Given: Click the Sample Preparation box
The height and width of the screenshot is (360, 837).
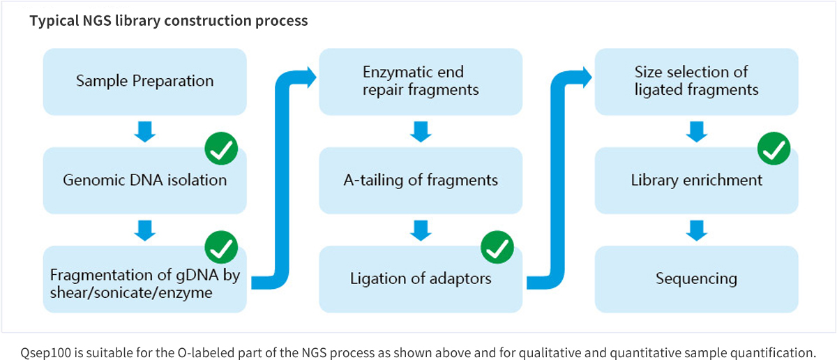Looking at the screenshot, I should click(144, 81).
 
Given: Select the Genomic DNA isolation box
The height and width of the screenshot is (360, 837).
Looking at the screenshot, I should click(144, 180).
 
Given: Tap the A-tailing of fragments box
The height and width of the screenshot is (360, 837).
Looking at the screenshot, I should click(421, 180).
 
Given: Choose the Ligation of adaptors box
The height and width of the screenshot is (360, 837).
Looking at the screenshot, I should click(421, 279).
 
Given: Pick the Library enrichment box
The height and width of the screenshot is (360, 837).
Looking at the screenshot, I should click(696, 180).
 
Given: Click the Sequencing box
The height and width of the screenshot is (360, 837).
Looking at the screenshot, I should click(696, 279).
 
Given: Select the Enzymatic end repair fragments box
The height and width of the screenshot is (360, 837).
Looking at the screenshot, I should click(421, 81).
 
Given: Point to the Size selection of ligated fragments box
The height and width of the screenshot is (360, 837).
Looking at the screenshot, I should click(696, 81).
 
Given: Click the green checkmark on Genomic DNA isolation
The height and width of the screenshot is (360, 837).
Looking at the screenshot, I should click(221, 149).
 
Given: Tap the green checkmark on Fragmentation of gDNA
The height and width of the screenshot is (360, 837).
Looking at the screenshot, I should click(221, 248).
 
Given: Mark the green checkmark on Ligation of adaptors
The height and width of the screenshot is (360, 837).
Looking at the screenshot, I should click(497, 248).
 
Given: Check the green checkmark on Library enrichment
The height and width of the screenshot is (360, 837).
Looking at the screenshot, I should click(774, 149).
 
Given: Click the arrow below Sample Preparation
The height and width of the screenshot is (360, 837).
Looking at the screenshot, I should click(144, 131).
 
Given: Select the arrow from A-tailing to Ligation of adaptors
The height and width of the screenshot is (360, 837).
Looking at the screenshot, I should click(421, 230).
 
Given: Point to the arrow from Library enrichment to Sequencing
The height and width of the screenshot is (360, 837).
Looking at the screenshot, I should click(696, 230).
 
